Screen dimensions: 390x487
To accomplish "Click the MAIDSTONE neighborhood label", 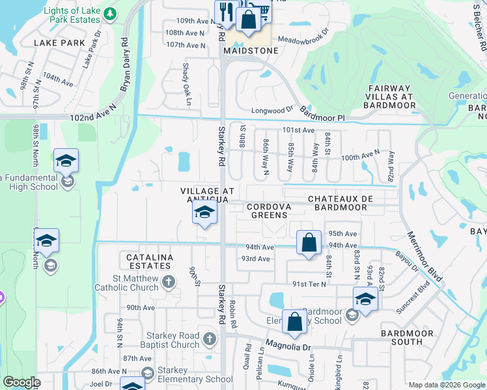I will pyautogui.click(x=251, y=51).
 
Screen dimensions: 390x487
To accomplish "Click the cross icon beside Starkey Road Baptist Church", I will pyautogui.click(x=209, y=338).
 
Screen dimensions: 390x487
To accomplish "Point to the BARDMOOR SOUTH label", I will pyautogui.click(x=407, y=338).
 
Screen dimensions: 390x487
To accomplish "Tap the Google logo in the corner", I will pyautogui.click(x=21, y=382).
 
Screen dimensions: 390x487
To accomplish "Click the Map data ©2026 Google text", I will pyautogui.click(x=447, y=385).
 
